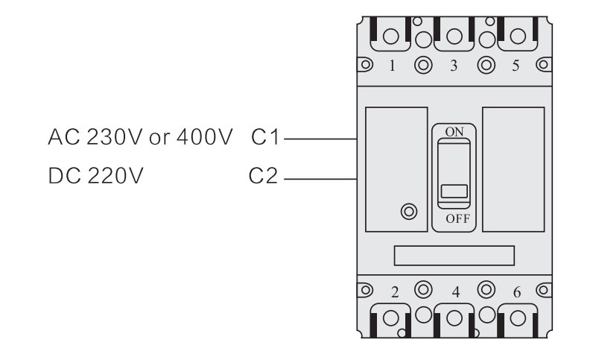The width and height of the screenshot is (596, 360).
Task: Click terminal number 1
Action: [393, 66]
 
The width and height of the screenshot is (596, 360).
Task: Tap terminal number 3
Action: [454, 66]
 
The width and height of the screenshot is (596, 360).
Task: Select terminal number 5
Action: [516, 66]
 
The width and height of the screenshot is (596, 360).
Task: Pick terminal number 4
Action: [454, 291]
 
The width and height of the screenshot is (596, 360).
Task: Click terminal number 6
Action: [516, 291]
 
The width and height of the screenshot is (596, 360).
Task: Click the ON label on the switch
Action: [453, 131]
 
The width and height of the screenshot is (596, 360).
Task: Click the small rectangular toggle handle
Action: [454, 191]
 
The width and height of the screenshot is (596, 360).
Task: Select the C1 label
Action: [264, 138]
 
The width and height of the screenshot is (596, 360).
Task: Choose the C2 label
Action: [264, 178]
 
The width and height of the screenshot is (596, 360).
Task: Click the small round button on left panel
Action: [408, 211]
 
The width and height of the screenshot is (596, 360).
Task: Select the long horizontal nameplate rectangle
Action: [454, 256]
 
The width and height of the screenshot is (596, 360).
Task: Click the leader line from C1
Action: [321, 138]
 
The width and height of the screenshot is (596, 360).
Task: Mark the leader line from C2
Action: [321, 179]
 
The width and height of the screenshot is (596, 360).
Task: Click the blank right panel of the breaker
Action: [513, 168]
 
